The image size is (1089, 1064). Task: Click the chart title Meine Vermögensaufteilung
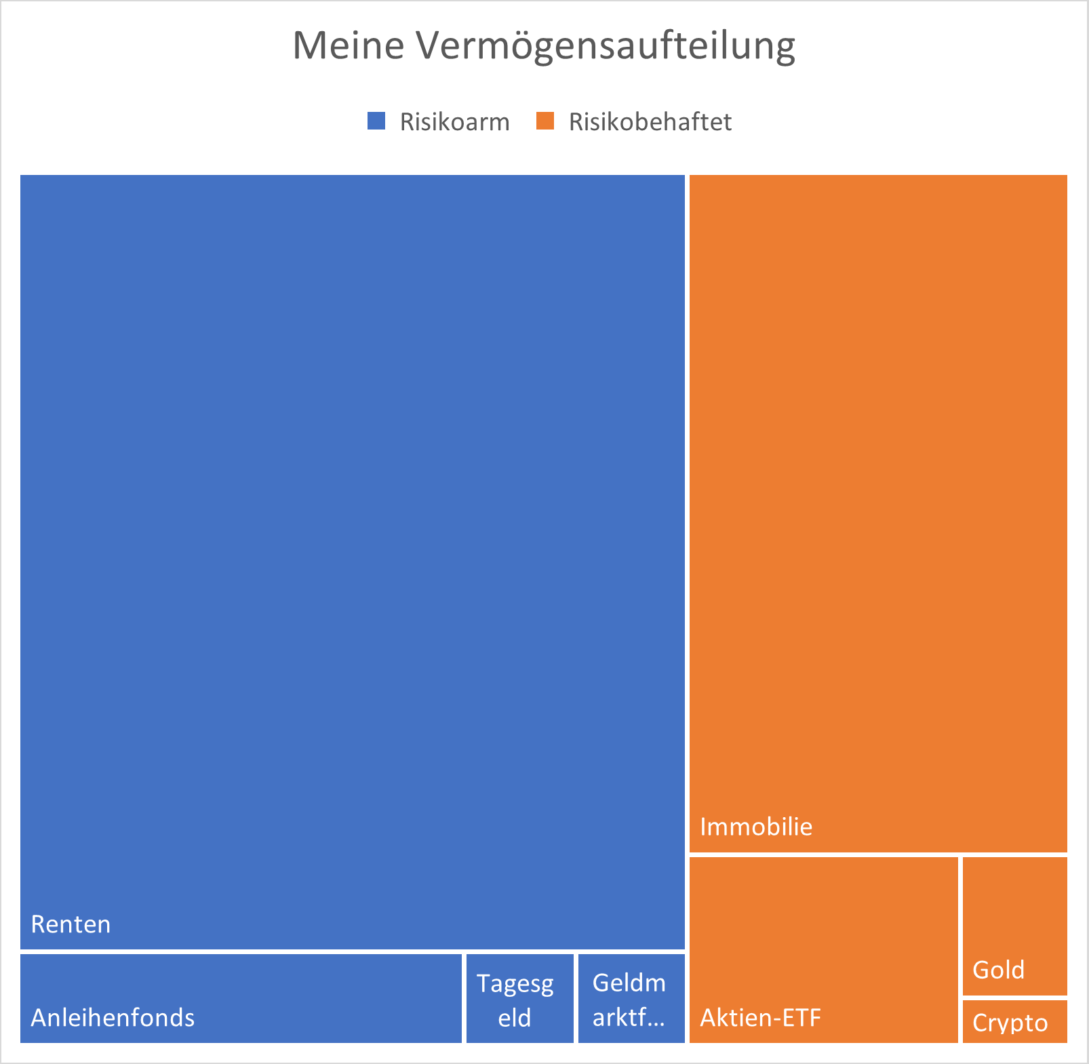(544, 46)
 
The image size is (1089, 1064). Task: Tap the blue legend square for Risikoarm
(376, 121)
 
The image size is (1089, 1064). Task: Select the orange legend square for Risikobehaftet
(545, 121)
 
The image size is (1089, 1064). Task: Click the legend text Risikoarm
(454, 122)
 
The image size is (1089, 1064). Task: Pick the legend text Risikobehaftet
(650, 122)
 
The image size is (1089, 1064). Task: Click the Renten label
(71, 924)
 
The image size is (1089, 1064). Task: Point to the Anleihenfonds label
(113, 1017)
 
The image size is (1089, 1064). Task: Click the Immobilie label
(756, 827)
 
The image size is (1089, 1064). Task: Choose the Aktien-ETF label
(760, 1017)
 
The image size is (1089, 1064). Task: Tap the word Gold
(998, 970)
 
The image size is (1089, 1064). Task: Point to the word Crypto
(1010, 1023)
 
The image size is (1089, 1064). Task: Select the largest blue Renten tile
(352, 543)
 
